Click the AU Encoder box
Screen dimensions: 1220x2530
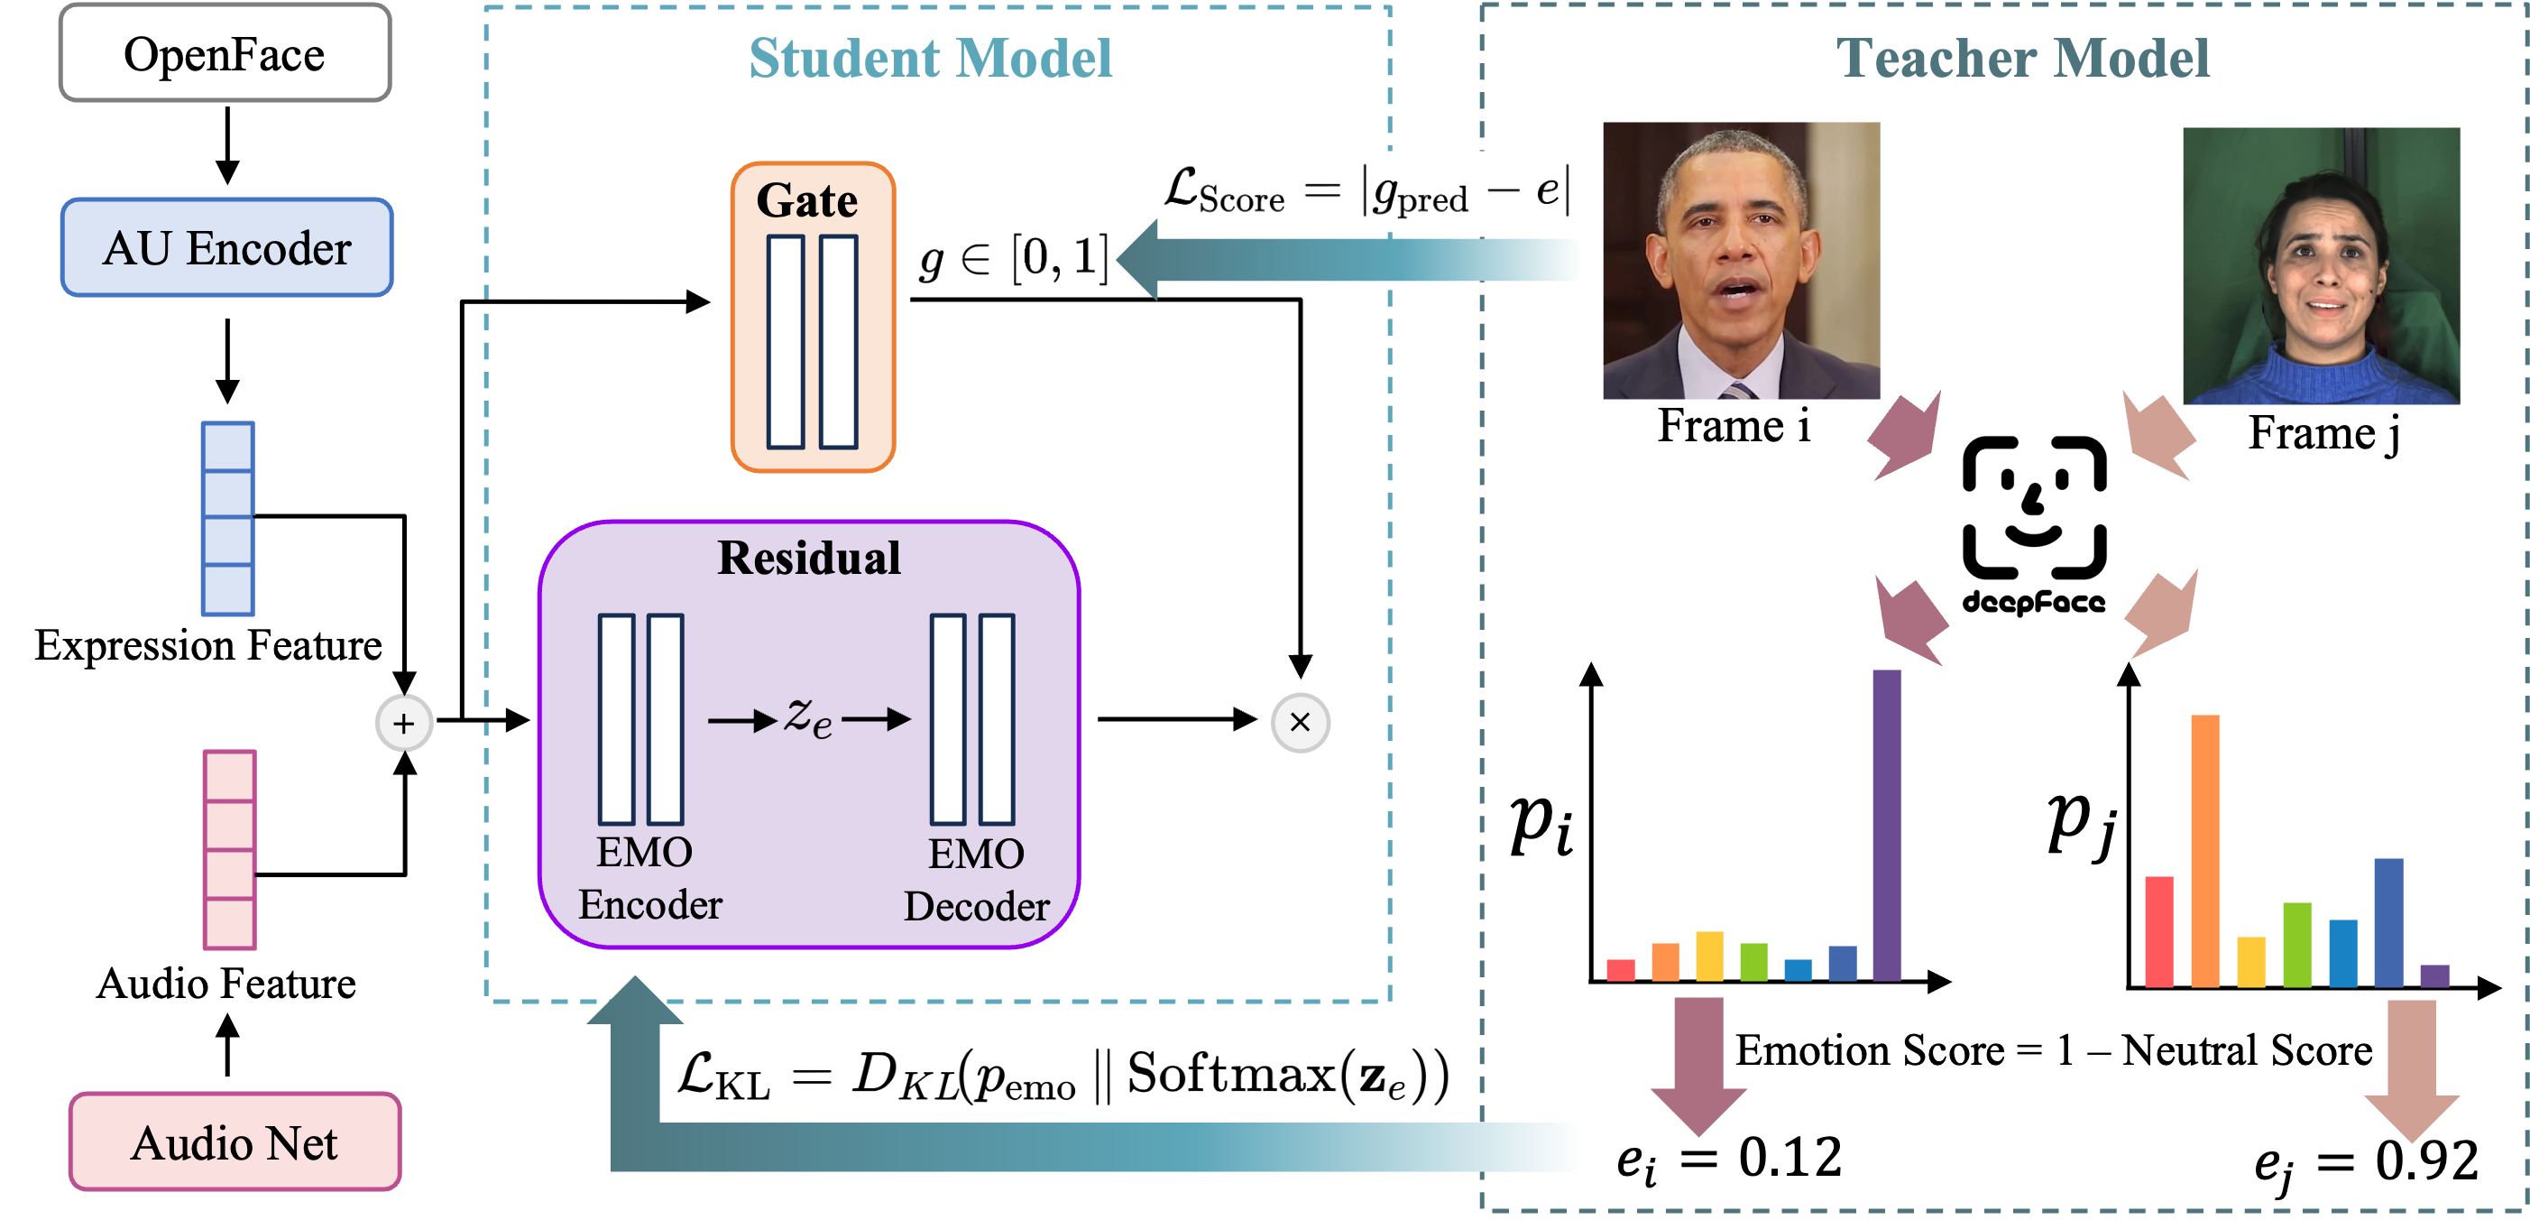(227, 247)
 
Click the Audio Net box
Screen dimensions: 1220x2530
(235, 1142)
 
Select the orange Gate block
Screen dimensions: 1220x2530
(813, 317)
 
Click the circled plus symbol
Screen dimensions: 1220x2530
(404, 724)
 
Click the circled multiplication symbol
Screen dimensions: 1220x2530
(1299, 723)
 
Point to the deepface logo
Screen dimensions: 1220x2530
(2034, 525)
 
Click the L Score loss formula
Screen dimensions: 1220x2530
(1366, 190)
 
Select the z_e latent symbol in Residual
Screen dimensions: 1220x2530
(808, 717)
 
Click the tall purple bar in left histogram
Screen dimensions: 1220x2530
(1886, 825)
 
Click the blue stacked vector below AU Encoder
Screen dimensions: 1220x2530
(228, 519)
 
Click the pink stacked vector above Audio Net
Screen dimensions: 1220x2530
(230, 850)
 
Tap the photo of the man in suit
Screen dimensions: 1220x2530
(1741, 260)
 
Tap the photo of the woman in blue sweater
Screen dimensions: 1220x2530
(2320, 265)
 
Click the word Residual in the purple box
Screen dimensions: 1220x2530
(808, 558)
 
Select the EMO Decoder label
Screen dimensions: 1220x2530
(975, 880)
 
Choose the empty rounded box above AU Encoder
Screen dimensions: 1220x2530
(225, 52)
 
